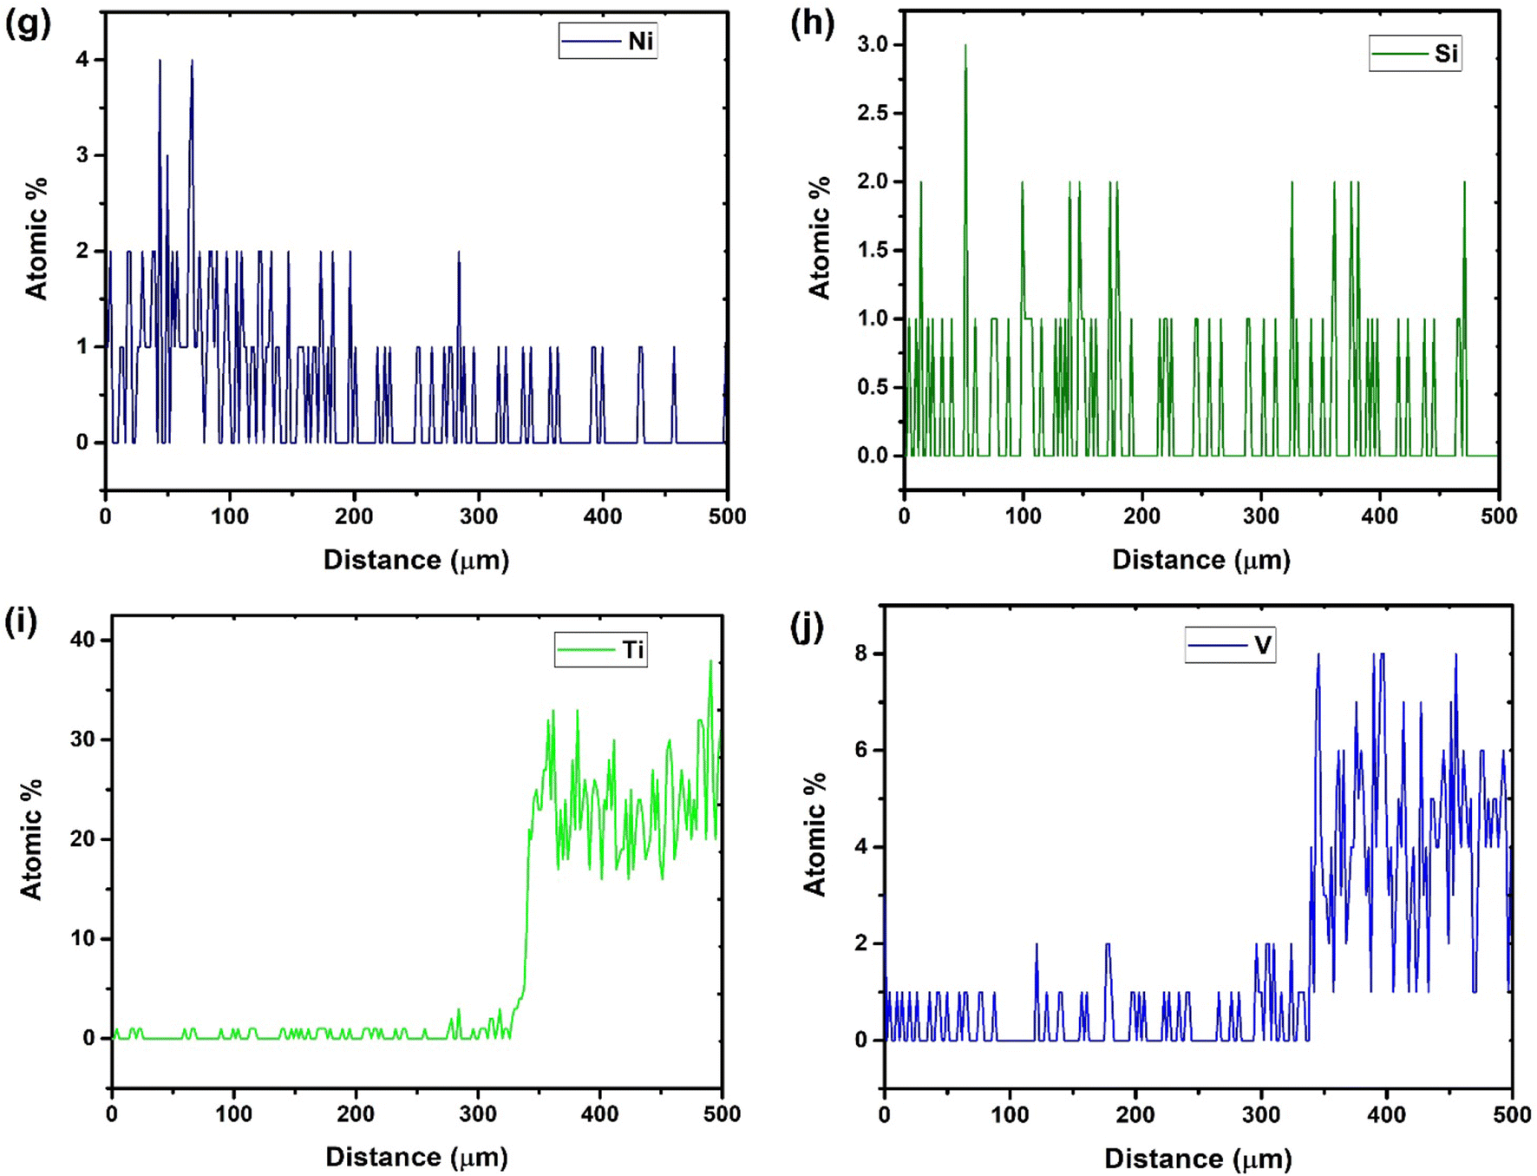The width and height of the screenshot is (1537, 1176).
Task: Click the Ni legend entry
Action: point(608,41)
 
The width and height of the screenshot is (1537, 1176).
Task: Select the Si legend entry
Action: point(1416,54)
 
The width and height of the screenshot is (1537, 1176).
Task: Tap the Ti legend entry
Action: point(601,650)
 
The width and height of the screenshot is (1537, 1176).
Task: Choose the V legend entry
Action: point(1231,645)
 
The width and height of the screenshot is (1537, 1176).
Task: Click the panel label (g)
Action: point(27,23)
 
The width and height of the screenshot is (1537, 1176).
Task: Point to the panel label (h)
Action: point(812,23)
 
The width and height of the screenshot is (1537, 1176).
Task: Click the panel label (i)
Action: point(21,622)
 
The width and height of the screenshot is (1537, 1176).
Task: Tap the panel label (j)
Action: point(807,626)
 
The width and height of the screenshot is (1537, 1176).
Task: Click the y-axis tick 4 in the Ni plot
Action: point(82,60)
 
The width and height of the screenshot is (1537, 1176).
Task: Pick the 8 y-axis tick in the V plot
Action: point(861,654)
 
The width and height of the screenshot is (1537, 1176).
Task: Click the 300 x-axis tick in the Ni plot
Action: point(478,516)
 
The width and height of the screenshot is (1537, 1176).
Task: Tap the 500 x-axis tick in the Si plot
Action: point(1499,516)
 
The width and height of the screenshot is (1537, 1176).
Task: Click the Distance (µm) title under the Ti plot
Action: point(416,1157)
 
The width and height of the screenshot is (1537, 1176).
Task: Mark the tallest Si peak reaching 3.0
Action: point(965,46)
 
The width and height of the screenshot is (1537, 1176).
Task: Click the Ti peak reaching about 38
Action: point(710,661)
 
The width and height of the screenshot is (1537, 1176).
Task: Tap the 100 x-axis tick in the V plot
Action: point(1010,1115)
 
